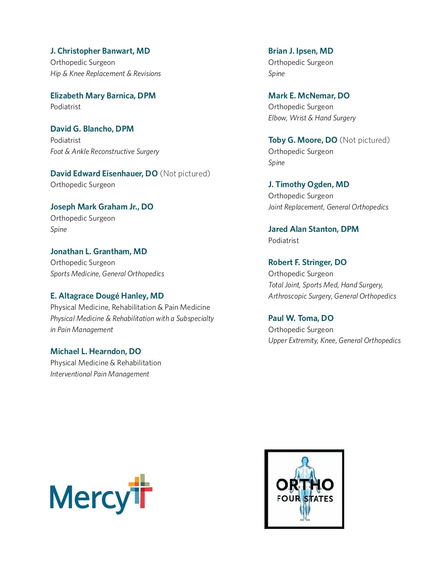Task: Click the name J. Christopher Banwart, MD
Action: click(100, 51)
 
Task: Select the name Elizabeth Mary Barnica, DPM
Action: click(103, 96)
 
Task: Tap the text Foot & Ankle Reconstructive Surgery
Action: click(105, 151)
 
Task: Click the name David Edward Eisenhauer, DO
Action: click(104, 174)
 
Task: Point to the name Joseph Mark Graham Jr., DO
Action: click(102, 207)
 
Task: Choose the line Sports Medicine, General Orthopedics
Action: click(107, 274)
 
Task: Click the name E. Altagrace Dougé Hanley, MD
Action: click(107, 296)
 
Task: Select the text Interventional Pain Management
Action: click(100, 374)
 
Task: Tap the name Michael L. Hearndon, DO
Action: click(95, 352)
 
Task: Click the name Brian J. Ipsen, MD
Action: click(301, 51)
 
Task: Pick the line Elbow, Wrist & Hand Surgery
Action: click(312, 118)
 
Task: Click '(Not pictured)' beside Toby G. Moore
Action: click(364, 140)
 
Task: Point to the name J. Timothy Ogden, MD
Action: click(308, 185)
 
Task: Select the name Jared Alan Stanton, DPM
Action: click(313, 229)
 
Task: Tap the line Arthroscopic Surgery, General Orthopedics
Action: click(332, 296)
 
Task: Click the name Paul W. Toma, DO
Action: click(301, 318)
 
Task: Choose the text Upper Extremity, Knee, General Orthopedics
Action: click(334, 341)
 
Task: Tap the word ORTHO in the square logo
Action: click(305, 485)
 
